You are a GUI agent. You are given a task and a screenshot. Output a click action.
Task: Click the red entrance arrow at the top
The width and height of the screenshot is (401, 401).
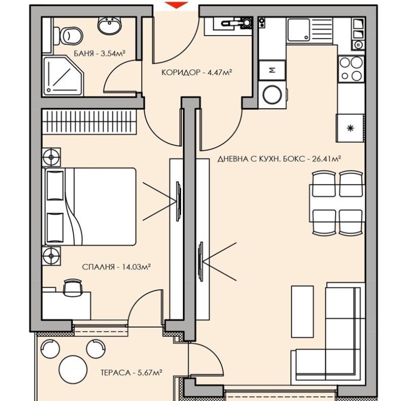pyautogui.click(x=176, y=5)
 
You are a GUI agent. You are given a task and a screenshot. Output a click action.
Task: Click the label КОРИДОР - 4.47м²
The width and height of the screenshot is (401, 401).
pyautogui.click(x=196, y=72)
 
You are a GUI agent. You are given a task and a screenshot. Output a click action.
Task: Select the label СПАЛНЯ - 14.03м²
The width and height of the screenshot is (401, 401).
pyautogui.click(x=116, y=267)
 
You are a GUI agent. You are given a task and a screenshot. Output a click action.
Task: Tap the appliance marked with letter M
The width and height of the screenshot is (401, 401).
pyautogui.click(x=272, y=69)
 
